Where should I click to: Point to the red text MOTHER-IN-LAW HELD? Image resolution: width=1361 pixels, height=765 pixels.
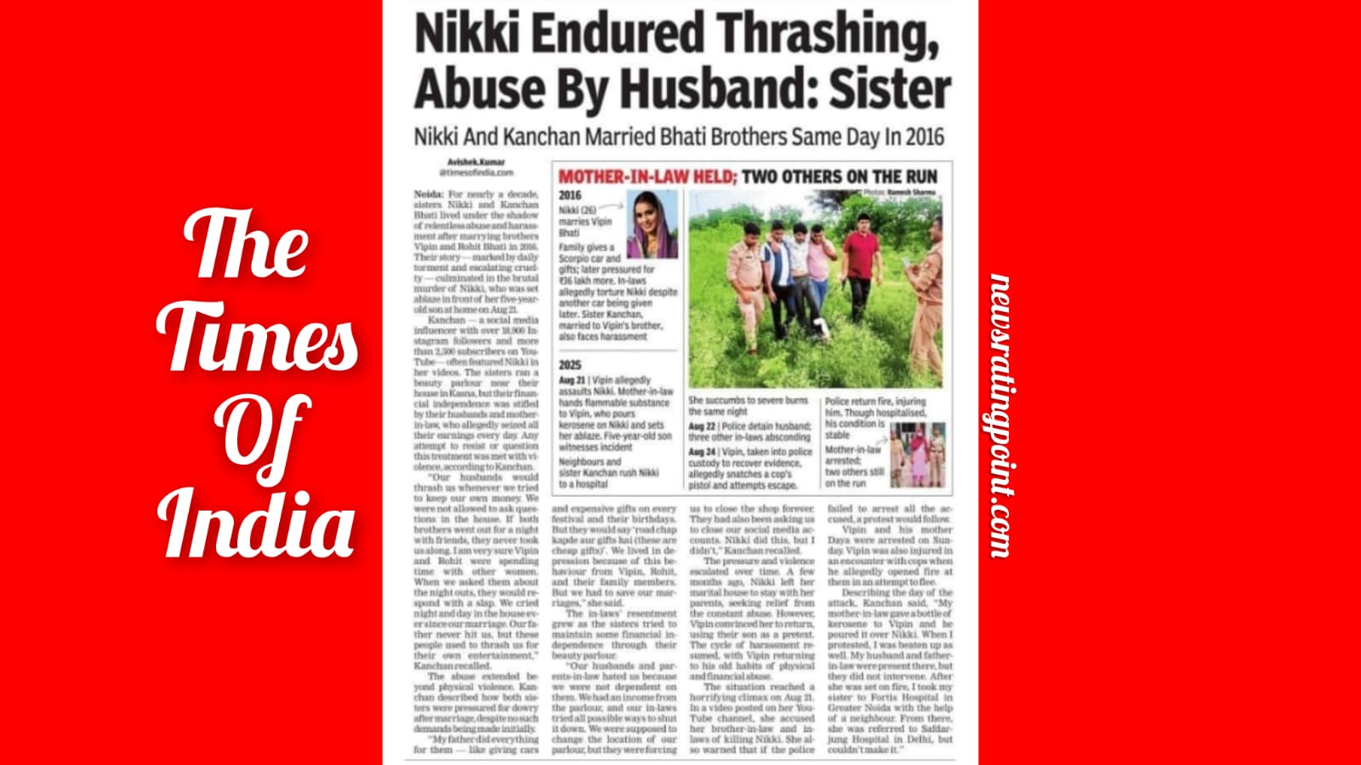[x=646, y=177]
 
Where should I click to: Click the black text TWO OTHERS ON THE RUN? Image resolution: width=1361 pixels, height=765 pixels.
[x=840, y=177]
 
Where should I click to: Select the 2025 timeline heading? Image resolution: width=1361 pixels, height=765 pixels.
[x=570, y=365]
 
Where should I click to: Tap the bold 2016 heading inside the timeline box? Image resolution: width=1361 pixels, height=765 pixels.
[x=570, y=196]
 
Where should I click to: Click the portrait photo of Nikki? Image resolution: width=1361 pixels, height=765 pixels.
[x=652, y=224]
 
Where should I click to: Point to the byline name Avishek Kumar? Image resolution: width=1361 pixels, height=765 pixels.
[x=476, y=162]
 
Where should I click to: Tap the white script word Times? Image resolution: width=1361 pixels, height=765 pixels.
[x=257, y=336]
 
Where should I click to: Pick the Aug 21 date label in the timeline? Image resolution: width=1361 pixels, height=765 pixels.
[x=572, y=380]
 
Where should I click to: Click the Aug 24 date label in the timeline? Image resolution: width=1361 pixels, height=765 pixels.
[x=702, y=452]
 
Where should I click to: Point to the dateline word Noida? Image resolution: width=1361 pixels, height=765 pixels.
[x=429, y=194]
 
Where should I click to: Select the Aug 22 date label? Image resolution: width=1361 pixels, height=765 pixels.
[x=702, y=425]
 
